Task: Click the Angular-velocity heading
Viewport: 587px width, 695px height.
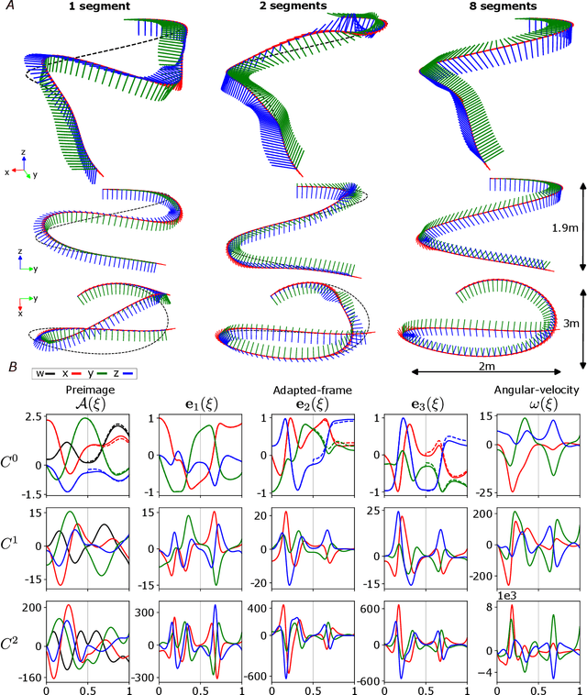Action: (529, 415)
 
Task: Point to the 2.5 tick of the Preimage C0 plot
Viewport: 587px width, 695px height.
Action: (31, 443)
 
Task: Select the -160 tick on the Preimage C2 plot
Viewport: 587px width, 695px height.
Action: (28, 678)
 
